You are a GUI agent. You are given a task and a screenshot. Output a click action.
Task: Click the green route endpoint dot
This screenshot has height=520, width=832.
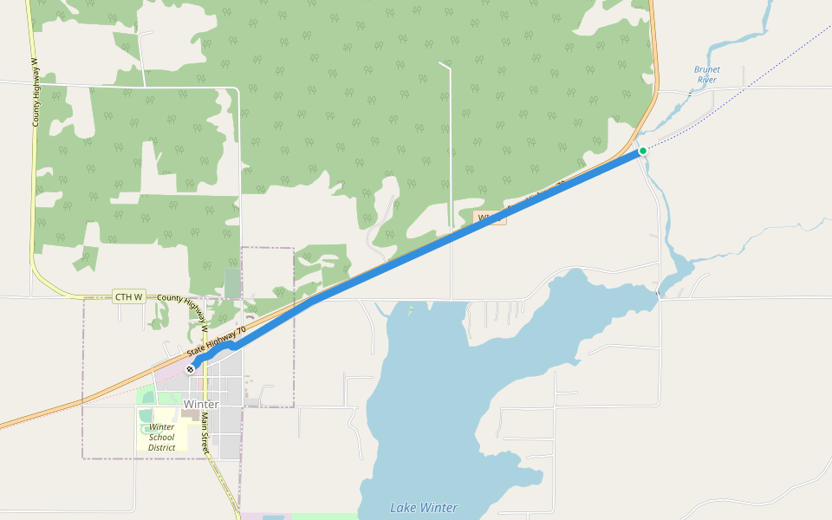coord(643,151)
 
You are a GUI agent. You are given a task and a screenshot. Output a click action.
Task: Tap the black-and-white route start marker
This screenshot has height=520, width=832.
coord(190,369)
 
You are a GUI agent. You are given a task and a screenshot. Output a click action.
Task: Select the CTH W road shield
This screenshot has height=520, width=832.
coord(128,297)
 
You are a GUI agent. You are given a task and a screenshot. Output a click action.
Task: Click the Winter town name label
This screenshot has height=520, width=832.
coord(200,404)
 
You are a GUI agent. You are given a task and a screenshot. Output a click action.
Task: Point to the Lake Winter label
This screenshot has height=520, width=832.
coord(423,508)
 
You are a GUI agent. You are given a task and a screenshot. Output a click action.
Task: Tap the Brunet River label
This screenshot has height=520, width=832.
coord(707,75)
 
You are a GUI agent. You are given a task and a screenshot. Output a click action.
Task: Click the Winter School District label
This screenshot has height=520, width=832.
coord(161,437)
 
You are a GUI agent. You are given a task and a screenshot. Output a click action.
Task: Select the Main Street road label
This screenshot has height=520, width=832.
coord(205,433)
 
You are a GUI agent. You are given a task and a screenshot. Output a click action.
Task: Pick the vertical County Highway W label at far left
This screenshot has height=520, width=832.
coord(36,93)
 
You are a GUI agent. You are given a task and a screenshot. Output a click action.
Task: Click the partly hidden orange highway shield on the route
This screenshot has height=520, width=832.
coord(491,218)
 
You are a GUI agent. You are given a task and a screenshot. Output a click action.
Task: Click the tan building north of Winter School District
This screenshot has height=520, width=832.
coord(188,413)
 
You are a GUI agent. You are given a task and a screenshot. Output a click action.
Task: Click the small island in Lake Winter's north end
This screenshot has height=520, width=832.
coord(409,309)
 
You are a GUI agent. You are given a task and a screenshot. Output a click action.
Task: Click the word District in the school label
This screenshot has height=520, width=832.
coord(161,447)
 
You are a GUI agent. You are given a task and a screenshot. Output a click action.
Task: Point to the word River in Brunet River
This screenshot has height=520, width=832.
coord(707,80)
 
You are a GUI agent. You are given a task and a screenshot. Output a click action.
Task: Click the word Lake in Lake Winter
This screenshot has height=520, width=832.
coord(404,508)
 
